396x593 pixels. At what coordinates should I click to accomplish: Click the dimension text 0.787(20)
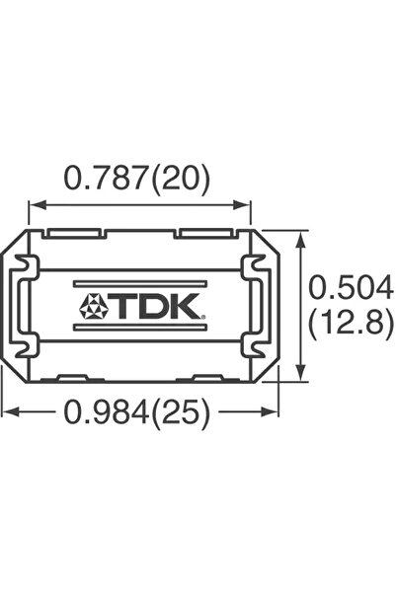click(137, 179)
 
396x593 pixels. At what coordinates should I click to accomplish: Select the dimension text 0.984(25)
click(137, 415)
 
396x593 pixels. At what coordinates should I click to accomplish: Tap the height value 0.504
click(352, 287)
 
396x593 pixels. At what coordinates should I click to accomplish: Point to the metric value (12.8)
click(352, 323)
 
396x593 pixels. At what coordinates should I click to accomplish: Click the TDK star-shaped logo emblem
click(94, 305)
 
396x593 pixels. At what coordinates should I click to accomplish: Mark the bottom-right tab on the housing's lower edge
click(203, 377)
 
